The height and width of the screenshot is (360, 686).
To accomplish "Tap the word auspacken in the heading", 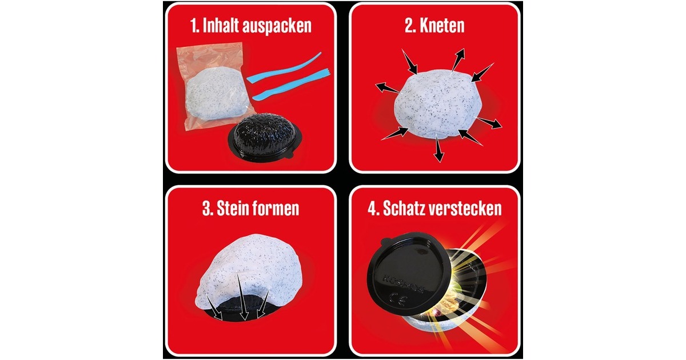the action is (x=277, y=27).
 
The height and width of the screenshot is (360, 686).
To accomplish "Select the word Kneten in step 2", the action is (x=442, y=25).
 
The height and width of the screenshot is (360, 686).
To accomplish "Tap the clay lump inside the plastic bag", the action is (x=216, y=94).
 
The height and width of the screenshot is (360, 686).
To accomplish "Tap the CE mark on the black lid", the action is (x=397, y=301).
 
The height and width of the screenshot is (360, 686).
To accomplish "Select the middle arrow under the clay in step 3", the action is (x=242, y=297).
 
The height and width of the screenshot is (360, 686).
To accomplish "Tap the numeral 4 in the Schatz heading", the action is (x=372, y=209).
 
